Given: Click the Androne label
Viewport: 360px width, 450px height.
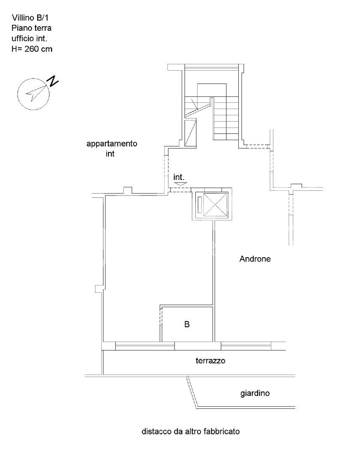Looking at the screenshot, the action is (x=255, y=259).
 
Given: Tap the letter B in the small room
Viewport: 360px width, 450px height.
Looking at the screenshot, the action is (x=187, y=324).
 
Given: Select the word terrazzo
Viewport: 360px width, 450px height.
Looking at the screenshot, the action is (x=210, y=360).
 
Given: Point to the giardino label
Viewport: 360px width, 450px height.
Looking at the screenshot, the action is (x=255, y=393).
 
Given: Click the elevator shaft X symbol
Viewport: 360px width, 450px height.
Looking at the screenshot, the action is (x=215, y=204).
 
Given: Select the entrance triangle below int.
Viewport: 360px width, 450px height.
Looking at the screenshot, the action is (x=180, y=184).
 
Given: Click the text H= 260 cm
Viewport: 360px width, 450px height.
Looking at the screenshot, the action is (x=32, y=49).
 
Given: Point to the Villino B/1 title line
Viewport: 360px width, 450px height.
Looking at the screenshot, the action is (x=30, y=18).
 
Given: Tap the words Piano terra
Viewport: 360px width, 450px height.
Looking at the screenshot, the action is (x=32, y=28).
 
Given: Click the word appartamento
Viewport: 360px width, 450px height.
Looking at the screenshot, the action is (x=112, y=144).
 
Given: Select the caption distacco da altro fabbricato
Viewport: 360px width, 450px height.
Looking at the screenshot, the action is (x=191, y=431).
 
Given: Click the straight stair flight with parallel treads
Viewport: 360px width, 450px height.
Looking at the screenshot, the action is (x=226, y=118).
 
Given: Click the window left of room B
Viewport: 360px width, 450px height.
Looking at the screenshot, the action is (x=145, y=346).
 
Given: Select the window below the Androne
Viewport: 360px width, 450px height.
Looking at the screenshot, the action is (x=246, y=346).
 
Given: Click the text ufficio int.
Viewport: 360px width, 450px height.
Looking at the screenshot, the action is (x=29, y=39).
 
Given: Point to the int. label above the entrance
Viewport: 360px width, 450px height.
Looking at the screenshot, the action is (x=179, y=177).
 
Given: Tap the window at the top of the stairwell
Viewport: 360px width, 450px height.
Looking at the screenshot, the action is (x=212, y=67).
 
